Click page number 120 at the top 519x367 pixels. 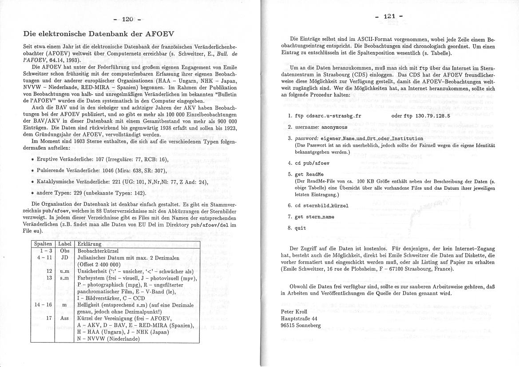pos(128,19)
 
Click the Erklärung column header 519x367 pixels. pos(89,244)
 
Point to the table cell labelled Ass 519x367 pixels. pos(65,318)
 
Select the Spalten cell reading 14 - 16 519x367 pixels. pos(44,305)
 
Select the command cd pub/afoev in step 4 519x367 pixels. pos(312,163)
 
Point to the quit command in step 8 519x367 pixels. pos(301,228)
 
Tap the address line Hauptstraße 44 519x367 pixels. pos(299,319)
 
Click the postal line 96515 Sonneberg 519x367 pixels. pos(301,325)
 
